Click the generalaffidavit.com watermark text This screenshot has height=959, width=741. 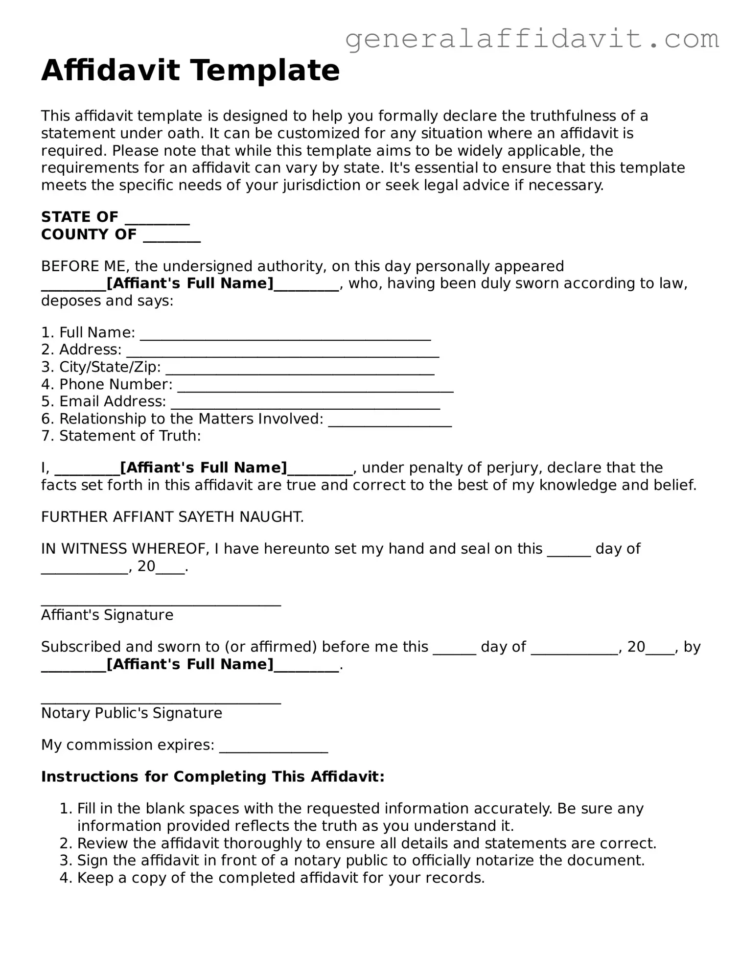tap(532, 39)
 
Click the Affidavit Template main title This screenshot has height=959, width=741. tap(190, 70)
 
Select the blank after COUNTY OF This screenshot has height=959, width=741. tap(172, 236)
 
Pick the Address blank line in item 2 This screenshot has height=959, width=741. tap(282, 351)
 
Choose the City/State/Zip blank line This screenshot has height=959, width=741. tap(300, 369)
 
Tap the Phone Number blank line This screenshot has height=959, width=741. tap(315, 386)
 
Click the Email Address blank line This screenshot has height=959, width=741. tap(305, 403)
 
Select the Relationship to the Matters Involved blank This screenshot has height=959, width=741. tap(390, 421)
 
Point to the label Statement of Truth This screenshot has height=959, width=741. tap(130, 436)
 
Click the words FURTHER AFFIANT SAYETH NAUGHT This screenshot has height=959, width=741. tap(172, 517)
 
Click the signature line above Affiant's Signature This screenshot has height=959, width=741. tap(161, 601)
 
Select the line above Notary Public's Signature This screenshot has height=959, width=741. tap(161, 699)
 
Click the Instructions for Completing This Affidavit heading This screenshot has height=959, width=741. tap(212, 777)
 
